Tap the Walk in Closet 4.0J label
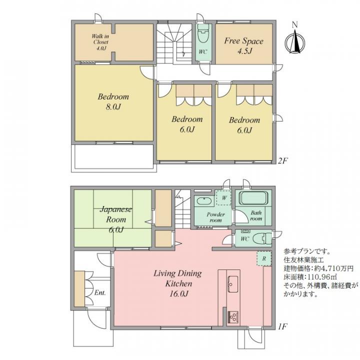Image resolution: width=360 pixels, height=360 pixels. (x=100, y=42)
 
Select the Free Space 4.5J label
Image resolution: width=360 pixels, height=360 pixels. (x=243, y=45)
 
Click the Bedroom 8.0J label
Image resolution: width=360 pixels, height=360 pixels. (x=113, y=101)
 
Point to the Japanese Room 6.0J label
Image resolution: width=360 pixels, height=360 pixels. (x=115, y=219)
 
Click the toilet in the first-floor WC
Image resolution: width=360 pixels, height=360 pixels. (x=260, y=238)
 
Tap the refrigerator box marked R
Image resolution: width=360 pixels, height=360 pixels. (x=263, y=258)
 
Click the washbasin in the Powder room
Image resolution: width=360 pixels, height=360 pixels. (x=204, y=201)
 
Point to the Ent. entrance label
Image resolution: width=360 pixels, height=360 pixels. (x=99, y=292)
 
